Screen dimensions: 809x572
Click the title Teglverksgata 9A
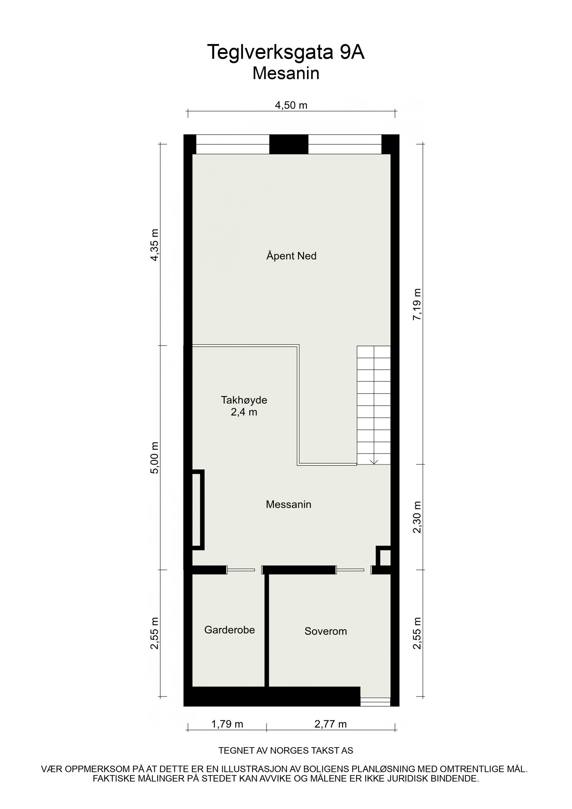point(286,53)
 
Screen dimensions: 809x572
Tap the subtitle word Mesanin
point(286,74)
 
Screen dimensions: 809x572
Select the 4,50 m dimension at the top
point(291,105)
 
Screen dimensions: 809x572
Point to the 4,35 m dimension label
point(154,245)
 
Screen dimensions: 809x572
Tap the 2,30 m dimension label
point(417,517)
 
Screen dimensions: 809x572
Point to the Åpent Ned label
point(291,256)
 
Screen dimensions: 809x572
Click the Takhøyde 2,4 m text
point(244,406)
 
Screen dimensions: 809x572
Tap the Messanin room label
point(289,504)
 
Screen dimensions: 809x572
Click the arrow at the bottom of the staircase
point(374,462)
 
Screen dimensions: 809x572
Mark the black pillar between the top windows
point(289,144)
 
